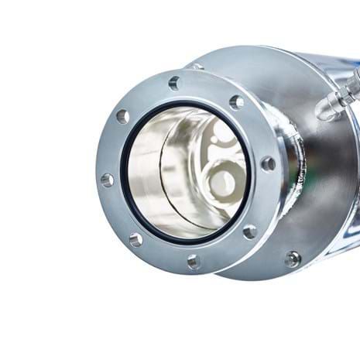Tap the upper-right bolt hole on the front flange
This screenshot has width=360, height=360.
click(x=236, y=101)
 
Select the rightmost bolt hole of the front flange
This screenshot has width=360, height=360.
click(x=267, y=163)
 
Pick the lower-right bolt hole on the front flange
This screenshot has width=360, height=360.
click(x=249, y=231)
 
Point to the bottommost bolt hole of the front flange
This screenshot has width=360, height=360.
click(x=193, y=262)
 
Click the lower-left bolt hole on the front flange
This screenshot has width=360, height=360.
click(x=135, y=239)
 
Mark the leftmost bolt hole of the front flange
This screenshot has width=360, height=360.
click(x=107, y=180)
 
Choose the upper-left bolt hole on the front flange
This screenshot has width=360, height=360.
click(x=122, y=117)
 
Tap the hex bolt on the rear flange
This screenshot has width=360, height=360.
click(x=292, y=259)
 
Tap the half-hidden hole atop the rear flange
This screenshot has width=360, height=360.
click(x=199, y=67)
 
